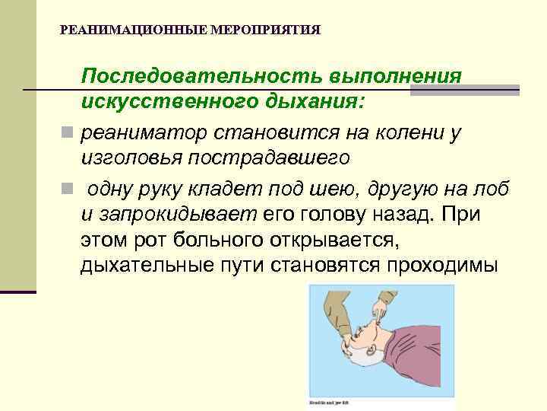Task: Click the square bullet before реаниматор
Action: pos(68,133)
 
